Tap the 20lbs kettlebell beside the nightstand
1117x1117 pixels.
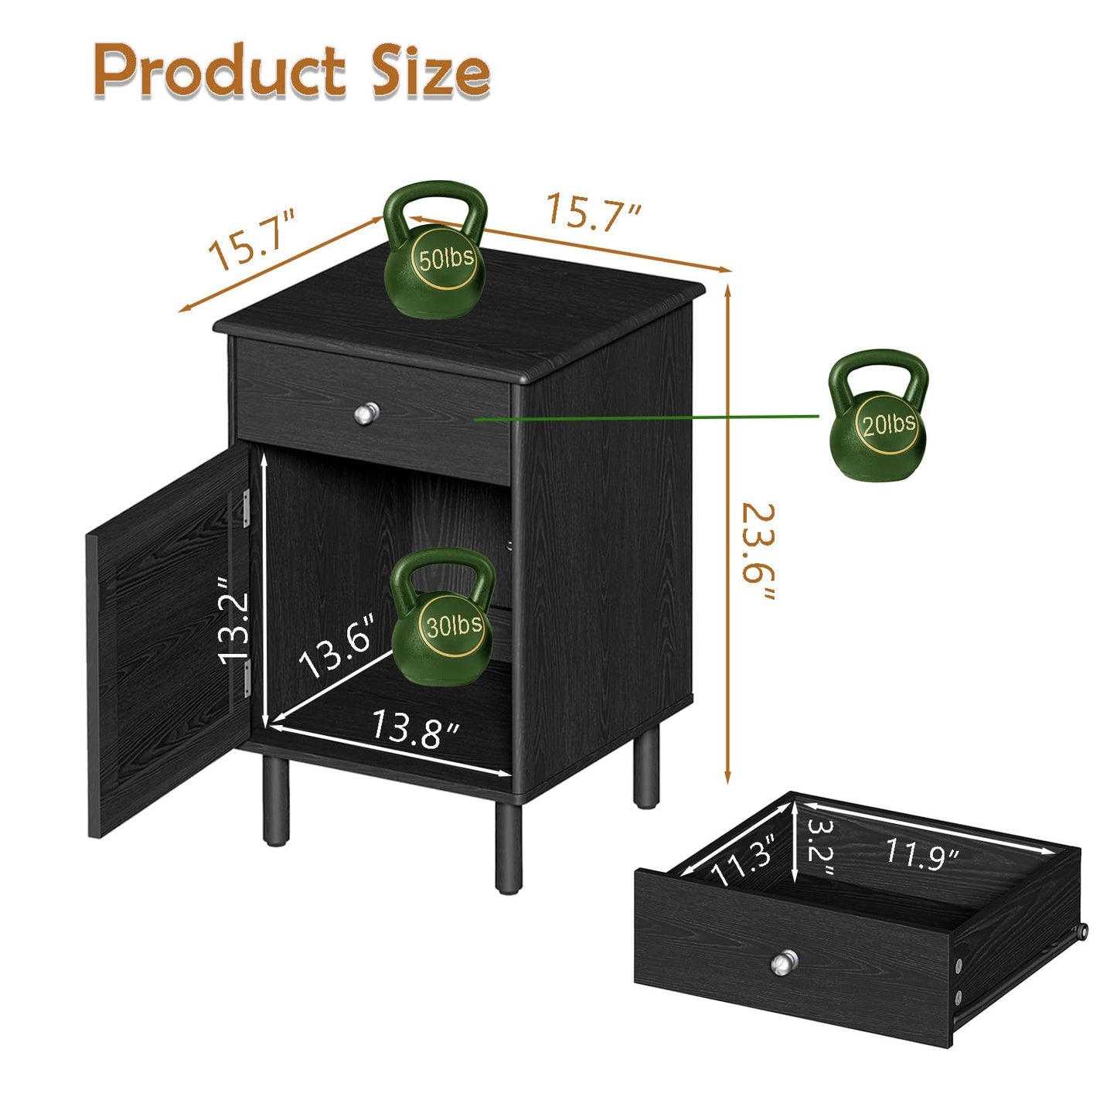tap(877, 415)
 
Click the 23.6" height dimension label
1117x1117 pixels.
tap(759, 551)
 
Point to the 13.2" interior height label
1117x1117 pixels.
tap(234, 619)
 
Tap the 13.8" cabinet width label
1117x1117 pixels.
tap(416, 729)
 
